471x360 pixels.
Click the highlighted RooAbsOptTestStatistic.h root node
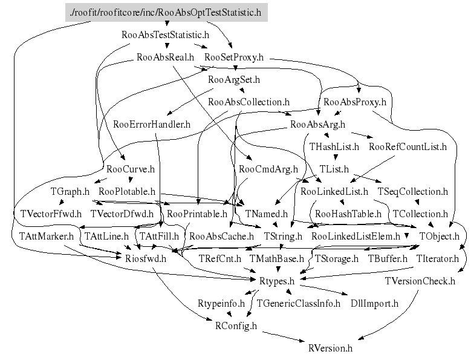pyautogui.click(x=166, y=12)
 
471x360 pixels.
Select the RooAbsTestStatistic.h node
pyautogui.click(x=165, y=34)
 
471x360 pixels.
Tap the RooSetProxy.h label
pyautogui.click(x=234, y=57)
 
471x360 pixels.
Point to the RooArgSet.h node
pyautogui.click(x=234, y=79)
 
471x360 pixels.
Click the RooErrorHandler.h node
pyautogui.click(x=152, y=124)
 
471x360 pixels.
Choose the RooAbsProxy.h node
pyautogui.click(x=355, y=102)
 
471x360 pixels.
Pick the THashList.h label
pyautogui.click(x=334, y=146)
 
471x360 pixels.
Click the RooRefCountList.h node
pyautogui.click(x=408, y=146)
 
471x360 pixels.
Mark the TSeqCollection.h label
pyautogui.click(x=413, y=191)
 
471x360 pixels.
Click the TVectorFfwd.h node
pyautogui.click(x=51, y=214)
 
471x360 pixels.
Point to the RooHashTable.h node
pyautogui.click(x=348, y=214)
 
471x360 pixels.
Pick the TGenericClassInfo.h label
pyautogui.click(x=299, y=303)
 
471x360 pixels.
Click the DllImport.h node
pyautogui.click(x=375, y=303)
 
